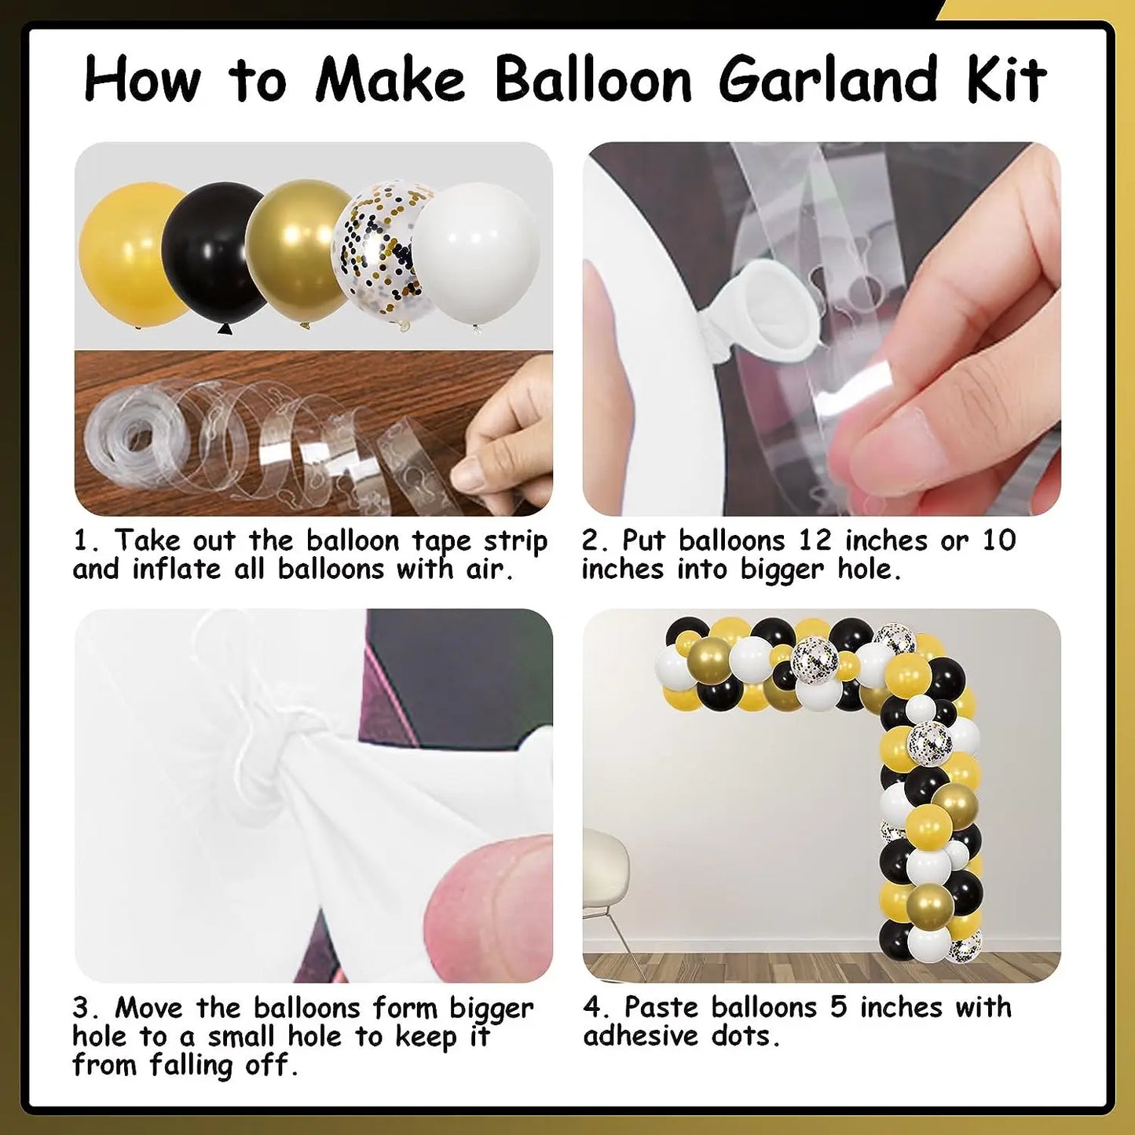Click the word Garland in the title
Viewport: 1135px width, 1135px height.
pyautogui.click(x=827, y=79)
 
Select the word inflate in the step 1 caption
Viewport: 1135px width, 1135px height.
pyautogui.click(x=176, y=570)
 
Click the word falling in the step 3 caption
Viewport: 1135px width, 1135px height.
pyautogui.click(x=192, y=1066)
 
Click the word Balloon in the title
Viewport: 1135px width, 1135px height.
pyautogui.click(x=592, y=79)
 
